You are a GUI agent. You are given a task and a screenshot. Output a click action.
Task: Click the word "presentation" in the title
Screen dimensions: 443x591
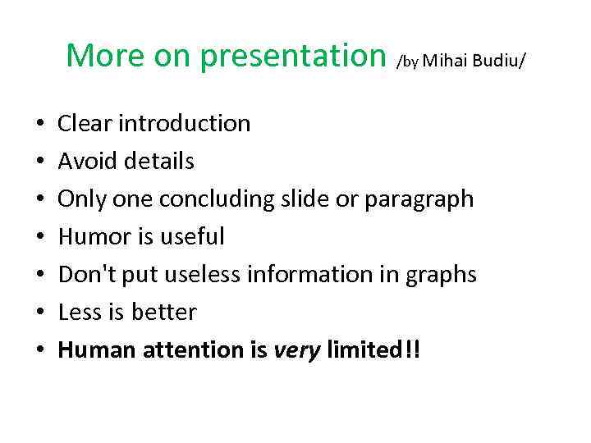coord(293,56)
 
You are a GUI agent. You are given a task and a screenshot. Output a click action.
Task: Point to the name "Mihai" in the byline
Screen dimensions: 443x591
coord(443,61)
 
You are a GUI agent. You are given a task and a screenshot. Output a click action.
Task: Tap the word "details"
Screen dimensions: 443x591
coord(160,161)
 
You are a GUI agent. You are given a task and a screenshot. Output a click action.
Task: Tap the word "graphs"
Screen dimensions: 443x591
coord(441,275)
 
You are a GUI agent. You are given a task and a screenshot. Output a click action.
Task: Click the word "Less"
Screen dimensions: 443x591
coord(79,312)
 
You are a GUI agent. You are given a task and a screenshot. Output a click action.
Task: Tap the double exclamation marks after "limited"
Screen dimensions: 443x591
coord(411,349)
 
